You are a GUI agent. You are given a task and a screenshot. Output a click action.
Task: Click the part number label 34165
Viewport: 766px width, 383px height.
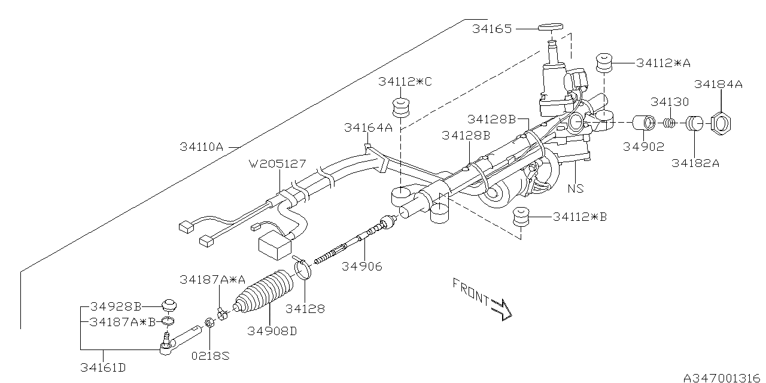click(x=492, y=29)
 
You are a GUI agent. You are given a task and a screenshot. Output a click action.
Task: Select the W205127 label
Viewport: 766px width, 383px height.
click(x=279, y=163)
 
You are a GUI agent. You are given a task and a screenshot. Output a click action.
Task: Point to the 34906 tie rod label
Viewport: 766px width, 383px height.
click(x=361, y=266)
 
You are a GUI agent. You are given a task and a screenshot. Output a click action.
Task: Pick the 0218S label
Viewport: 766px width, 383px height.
click(x=210, y=355)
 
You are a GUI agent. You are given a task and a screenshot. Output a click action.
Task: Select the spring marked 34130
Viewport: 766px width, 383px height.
click(x=670, y=123)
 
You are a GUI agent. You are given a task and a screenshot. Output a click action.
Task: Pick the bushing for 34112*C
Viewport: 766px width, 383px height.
click(x=400, y=108)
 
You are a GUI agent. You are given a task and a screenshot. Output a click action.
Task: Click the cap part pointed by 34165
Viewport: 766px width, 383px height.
click(x=550, y=26)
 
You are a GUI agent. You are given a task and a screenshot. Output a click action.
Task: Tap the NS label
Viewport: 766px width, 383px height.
click(x=576, y=189)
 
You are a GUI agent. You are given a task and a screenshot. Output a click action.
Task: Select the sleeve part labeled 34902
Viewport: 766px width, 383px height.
click(x=644, y=123)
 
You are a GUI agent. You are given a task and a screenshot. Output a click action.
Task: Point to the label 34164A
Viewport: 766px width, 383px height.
click(x=368, y=127)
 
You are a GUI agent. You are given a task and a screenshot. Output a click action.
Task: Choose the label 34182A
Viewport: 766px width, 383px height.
click(x=695, y=162)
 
